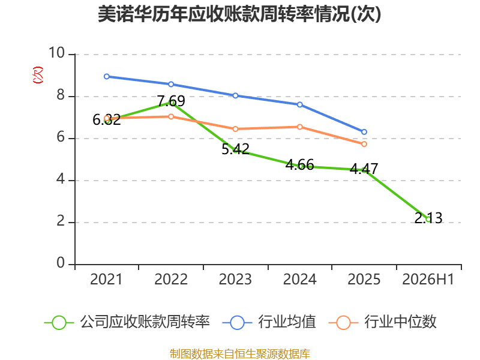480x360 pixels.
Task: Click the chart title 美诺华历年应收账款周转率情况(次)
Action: (239, 14)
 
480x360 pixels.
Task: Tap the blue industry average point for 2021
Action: (107, 77)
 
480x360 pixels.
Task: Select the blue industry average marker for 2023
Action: (235, 95)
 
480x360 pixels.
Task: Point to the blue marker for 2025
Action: (364, 132)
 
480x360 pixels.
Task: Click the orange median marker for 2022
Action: (171, 116)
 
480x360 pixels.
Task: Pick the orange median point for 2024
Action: (299, 127)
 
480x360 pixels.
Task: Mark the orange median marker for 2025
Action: (364, 144)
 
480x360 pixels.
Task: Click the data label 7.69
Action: (171, 101)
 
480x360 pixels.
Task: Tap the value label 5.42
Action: (235, 149)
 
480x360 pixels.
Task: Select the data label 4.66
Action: (299, 164)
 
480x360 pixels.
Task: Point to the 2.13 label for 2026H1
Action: (428, 218)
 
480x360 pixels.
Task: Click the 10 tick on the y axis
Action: (57, 53)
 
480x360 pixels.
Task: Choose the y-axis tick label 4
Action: (61, 179)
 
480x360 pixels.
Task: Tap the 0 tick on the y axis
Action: (61, 263)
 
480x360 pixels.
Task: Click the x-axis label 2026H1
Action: (428, 279)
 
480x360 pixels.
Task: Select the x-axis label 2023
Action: (235, 279)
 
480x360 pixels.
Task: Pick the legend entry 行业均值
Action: (269, 322)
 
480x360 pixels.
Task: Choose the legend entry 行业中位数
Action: (383, 322)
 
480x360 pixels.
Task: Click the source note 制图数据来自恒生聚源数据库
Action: (240, 353)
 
